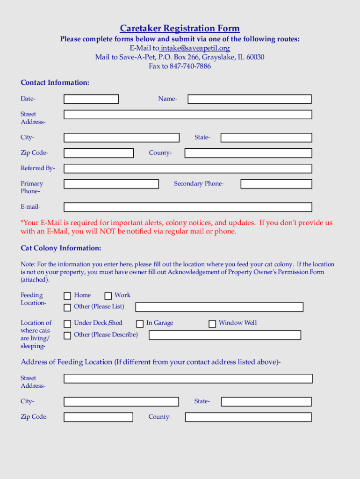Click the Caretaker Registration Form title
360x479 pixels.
coord(180,29)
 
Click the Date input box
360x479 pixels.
coord(91,99)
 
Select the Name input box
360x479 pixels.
coord(249,99)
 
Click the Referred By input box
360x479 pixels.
coord(187,168)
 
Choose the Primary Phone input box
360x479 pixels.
coord(111,184)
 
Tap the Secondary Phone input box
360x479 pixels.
coord(276,184)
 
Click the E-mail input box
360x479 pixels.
coord(187,207)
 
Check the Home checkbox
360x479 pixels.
coord(67,296)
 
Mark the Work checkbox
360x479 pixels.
coord(108,296)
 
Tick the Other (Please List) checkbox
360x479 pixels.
coord(67,307)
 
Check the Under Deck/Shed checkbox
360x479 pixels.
coord(67,323)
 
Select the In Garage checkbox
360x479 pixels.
coord(140,324)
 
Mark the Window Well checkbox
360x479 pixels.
coord(212,324)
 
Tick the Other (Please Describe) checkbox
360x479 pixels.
coord(67,335)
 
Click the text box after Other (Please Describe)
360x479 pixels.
coord(224,335)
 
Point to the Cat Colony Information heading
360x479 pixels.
coord(61,248)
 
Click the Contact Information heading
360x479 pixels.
coord(55,83)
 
